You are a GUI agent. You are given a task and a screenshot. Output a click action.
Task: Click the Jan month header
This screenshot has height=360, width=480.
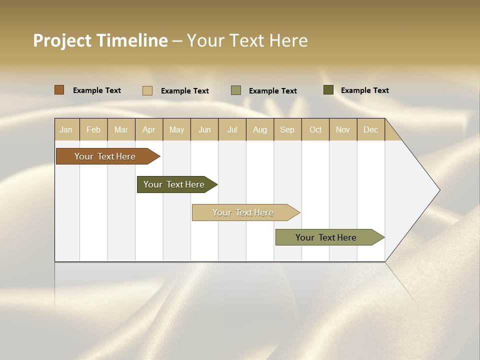coord(66,129)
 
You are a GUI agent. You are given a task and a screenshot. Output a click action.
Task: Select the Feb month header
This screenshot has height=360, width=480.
coord(93,129)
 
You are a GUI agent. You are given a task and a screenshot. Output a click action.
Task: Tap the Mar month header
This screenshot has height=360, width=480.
coord(121,129)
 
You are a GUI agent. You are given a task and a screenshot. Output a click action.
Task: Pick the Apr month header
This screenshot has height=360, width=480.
coord(148,129)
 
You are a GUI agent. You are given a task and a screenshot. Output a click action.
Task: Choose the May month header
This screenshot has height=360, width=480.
coord(176,129)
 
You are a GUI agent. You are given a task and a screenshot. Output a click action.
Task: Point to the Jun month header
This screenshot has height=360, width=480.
coord(204,129)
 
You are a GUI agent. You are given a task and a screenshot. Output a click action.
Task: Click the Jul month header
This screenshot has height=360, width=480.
coord(232,129)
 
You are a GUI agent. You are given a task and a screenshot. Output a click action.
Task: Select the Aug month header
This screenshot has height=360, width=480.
coord(259,129)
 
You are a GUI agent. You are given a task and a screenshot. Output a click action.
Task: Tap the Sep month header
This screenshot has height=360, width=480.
coord(287,129)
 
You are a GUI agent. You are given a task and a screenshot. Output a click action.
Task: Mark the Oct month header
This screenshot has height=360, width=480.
coord(315,129)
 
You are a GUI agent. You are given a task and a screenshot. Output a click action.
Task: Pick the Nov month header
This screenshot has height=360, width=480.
coord(342,129)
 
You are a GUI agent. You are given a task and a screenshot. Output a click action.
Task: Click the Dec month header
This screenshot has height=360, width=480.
coord(370,129)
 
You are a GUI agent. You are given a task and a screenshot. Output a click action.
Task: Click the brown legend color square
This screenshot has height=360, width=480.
coord(59,90)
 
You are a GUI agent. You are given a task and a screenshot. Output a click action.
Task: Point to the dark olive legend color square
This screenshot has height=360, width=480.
coord(328,90)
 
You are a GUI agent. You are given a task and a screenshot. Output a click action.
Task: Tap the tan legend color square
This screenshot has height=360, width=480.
coord(147,90)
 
